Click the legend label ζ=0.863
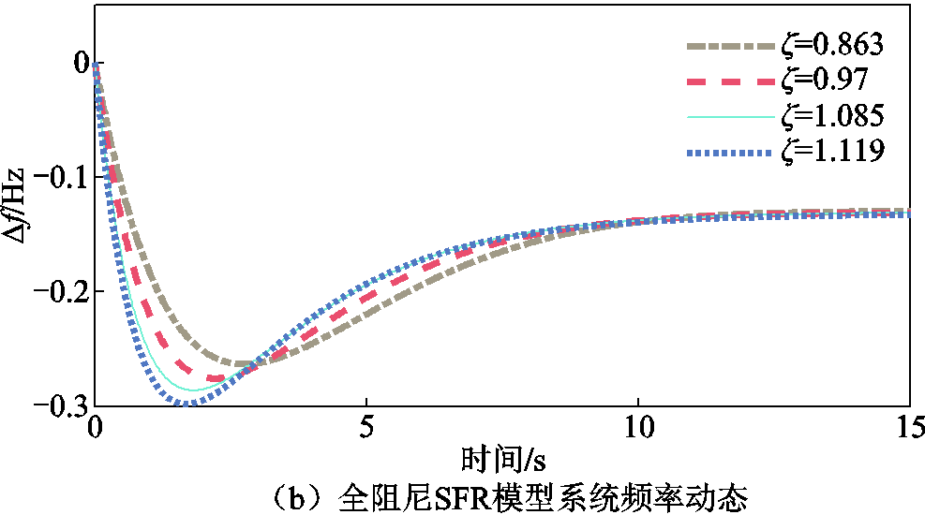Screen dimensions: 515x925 coord(831,44)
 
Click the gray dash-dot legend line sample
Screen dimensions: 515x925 coord(727,45)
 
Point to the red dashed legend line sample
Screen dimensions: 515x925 coord(727,81)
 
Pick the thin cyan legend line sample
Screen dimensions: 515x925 coord(727,116)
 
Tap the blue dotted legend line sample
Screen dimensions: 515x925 coord(727,151)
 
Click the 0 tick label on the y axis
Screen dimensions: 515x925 coord(82,64)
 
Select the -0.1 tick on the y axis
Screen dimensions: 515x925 coord(63,178)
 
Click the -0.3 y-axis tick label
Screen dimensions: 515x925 coord(63,405)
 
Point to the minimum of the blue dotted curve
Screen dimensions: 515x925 coord(186,404)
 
